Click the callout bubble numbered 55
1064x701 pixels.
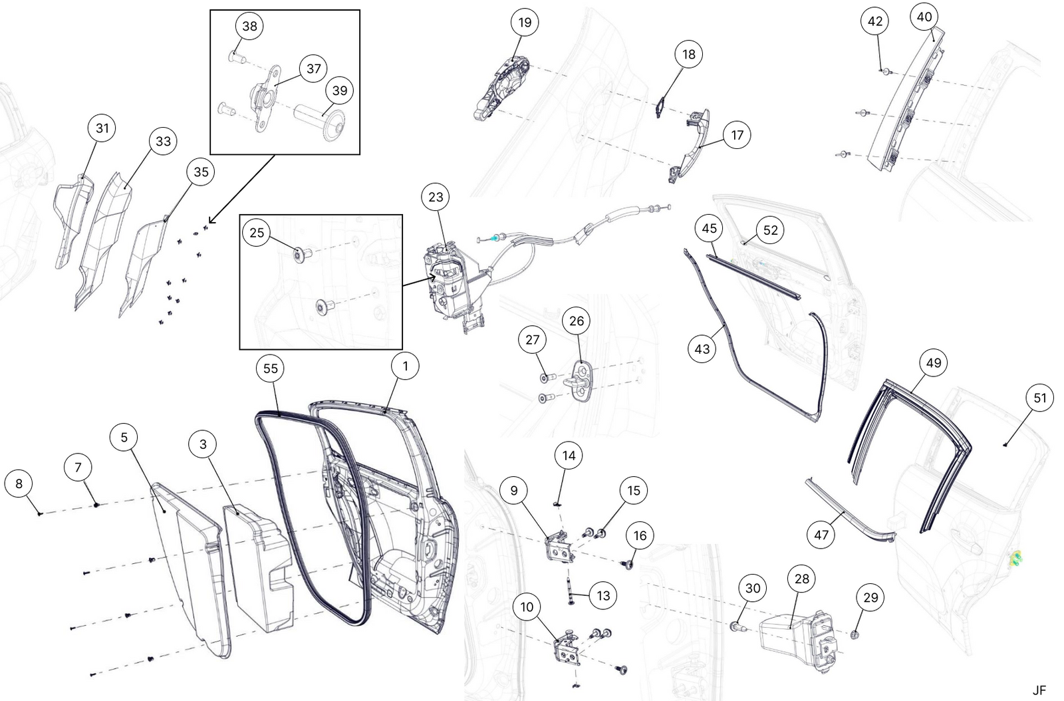(x=271, y=368)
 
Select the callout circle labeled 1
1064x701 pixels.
(x=406, y=366)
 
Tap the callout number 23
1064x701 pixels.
(x=436, y=197)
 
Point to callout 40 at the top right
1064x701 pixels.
(x=924, y=17)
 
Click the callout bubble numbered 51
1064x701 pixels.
(x=1040, y=398)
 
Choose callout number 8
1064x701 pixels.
(x=19, y=484)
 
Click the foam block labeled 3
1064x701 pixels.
(x=259, y=569)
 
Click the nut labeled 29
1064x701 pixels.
(x=855, y=634)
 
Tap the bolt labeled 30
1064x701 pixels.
(x=737, y=626)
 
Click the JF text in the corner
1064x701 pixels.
(x=1039, y=690)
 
